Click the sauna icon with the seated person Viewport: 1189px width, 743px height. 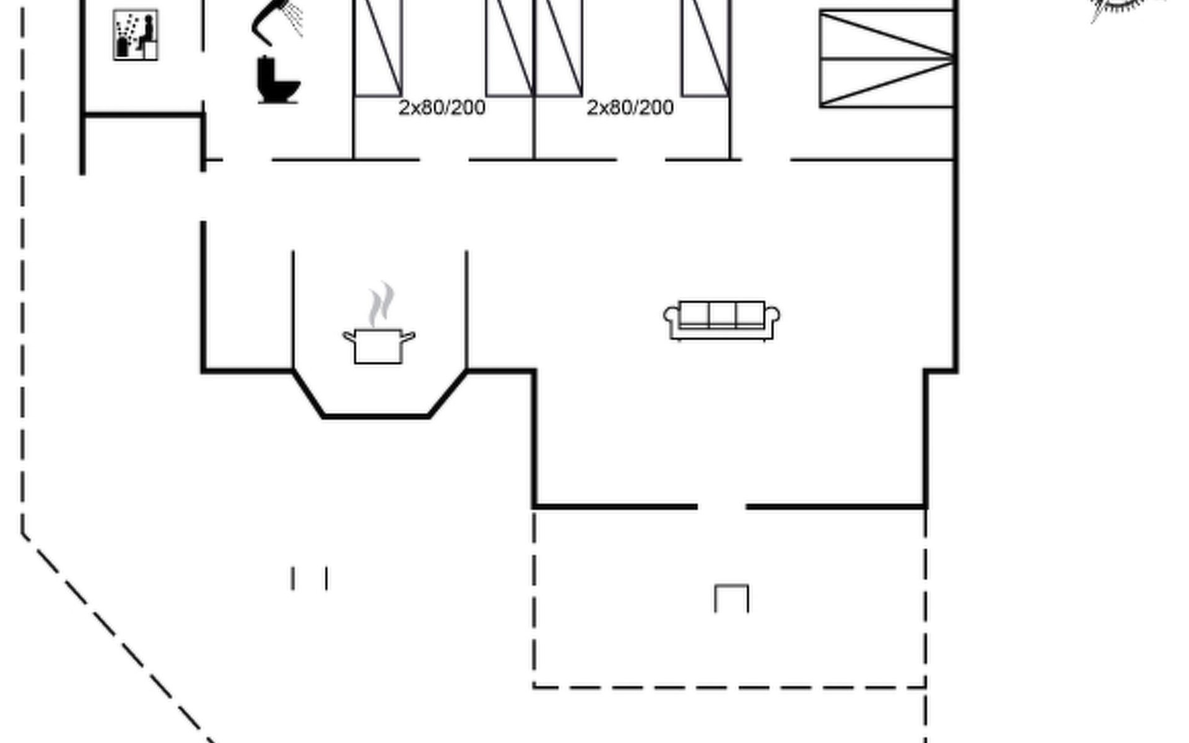136,35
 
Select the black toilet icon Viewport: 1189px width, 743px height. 277,80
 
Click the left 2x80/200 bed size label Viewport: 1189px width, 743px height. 442,108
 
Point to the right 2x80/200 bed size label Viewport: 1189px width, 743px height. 630,108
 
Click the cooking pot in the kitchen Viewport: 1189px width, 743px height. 378,346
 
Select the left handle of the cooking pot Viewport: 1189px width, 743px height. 349,337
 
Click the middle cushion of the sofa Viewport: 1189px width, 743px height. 721,315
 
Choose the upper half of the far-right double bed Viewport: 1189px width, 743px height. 886,35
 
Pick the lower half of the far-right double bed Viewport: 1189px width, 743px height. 886,83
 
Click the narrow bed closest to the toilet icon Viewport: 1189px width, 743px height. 377,50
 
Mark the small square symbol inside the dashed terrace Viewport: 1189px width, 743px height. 731,598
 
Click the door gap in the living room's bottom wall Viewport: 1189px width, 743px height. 721,506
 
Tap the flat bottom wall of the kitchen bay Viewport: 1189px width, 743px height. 376,417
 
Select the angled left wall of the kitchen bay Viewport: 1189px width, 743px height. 308,394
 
